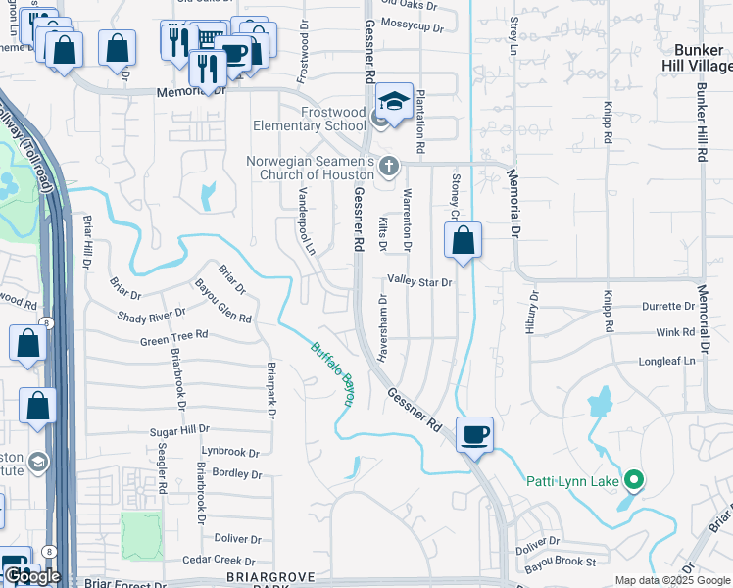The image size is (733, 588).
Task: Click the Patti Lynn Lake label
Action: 572,481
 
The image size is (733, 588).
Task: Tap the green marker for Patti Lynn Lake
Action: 634,480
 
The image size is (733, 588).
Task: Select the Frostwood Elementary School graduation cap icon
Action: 393,103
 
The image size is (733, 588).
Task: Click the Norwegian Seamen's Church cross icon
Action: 389,165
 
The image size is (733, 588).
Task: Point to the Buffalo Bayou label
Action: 332,373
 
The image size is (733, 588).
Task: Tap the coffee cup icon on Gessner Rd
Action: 474,434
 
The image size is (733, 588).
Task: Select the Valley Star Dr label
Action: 419,281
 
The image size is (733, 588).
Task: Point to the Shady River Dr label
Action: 151,315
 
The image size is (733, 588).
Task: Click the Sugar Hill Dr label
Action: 180,430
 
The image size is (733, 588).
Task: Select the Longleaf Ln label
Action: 666,361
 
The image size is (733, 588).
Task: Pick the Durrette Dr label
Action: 668,306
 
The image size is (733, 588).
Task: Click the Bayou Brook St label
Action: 561,563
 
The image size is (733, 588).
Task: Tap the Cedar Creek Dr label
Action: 213,560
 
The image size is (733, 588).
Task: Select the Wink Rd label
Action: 675,333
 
